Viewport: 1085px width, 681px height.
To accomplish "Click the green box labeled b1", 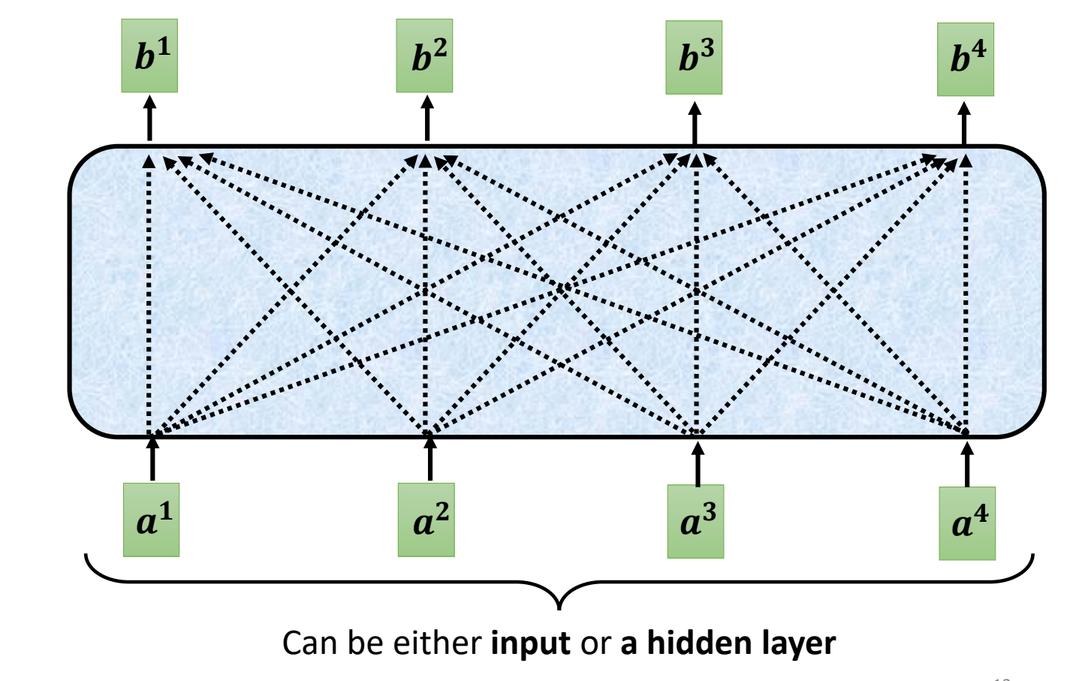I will click(149, 56).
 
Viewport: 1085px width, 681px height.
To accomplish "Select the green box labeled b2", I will click(424, 56).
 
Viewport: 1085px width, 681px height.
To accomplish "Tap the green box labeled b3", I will click(694, 58).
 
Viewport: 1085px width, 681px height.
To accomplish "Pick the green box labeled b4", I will click(965, 59).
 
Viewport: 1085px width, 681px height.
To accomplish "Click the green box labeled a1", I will click(151, 520).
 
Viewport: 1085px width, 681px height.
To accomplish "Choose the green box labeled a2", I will click(426, 520).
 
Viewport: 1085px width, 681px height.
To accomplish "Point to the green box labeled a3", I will click(695, 521).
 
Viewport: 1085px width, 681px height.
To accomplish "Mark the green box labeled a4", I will click(967, 523).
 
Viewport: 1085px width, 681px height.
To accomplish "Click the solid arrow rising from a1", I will click(152, 459).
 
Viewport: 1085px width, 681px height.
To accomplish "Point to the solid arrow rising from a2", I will click(429, 459).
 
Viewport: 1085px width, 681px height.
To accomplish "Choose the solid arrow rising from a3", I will click(698, 464).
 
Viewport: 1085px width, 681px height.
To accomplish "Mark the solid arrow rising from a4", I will click(967, 465).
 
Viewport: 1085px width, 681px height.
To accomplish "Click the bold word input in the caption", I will click(530, 644).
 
